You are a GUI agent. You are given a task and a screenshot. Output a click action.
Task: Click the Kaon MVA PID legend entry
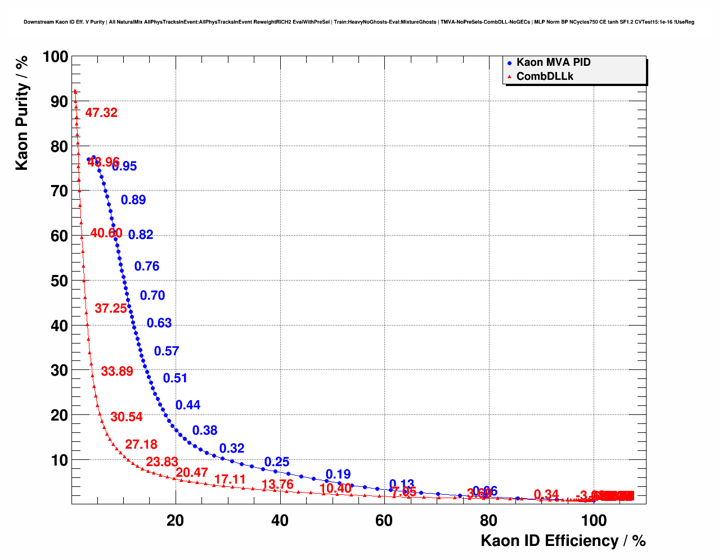coord(553,62)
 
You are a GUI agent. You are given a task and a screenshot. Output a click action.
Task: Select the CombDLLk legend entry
coord(544,76)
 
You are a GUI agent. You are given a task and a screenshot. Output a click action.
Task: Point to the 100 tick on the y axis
coord(55,57)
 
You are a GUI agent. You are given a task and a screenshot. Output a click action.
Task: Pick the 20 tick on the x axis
coord(176,521)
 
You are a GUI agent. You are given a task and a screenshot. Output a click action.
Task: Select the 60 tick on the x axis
coord(384,521)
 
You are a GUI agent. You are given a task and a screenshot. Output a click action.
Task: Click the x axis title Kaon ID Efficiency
coord(563,541)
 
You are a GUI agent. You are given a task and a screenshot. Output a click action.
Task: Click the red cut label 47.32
coord(101,113)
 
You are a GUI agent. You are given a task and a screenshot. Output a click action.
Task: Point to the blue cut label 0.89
coord(133,200)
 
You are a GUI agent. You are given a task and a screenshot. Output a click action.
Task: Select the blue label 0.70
coord(152,296)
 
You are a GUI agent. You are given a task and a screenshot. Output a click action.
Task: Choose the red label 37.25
coord(111,309)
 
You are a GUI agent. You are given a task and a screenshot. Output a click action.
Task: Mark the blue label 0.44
coord(188,405)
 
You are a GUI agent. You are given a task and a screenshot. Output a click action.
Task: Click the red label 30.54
coord(127,417)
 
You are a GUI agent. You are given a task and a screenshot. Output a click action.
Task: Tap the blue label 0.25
coord(277,462)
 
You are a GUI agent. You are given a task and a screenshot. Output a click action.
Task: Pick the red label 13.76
coord(277,485)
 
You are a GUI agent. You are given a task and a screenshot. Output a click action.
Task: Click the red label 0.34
coord(546,495)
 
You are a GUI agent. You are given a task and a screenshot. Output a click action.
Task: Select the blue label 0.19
coord(338,475)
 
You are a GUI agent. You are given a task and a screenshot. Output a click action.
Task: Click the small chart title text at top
coord(359,22)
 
